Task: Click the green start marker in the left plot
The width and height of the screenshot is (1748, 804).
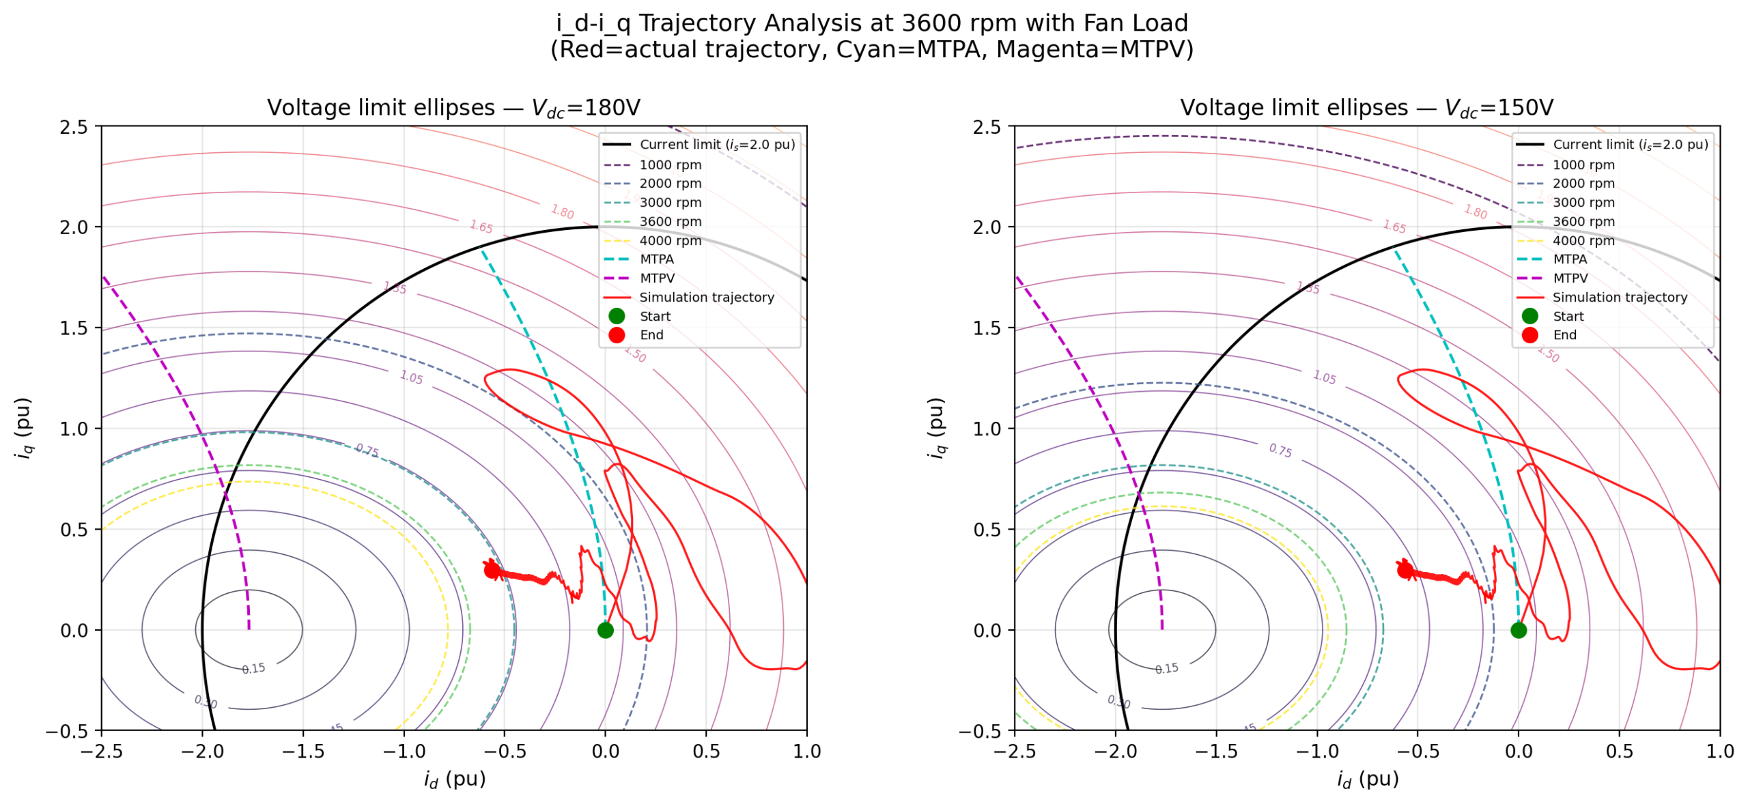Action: (x=605, y=630)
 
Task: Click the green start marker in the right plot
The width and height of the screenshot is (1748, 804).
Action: (x=1518, y=630)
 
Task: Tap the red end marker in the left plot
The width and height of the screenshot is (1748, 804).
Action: (x=492, y=570)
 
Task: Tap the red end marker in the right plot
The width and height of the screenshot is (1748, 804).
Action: (x=1405, y=570)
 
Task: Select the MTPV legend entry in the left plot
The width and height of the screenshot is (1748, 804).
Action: (x=656, y=278)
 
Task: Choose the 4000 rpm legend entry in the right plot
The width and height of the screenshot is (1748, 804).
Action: (x=1583, y=241)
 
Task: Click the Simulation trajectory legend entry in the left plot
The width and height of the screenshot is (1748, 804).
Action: (x=706, y=298)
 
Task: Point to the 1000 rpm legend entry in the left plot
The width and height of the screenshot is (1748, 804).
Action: (x=670, y=165)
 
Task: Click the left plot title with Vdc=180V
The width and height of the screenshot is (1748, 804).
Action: (x=453, y=108)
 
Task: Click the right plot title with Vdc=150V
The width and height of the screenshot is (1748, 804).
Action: (x=1366, y=108)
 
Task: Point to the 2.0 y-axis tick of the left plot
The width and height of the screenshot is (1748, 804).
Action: (x=74, y=227)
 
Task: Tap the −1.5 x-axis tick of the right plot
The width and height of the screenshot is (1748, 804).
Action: (x=1215, y=751)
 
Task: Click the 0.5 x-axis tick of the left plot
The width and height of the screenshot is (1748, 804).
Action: (x=706, y=751)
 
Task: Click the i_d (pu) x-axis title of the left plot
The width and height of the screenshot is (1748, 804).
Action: (x=454, y=779)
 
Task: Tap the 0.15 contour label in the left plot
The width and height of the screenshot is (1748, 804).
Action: (x=253, y=669)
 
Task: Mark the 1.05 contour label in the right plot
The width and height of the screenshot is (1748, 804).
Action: (x=1324, y=377)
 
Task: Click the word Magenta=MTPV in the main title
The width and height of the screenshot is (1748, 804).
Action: (x=1094, y=50)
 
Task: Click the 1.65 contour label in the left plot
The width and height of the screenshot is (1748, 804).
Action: (x=481, y=227)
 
